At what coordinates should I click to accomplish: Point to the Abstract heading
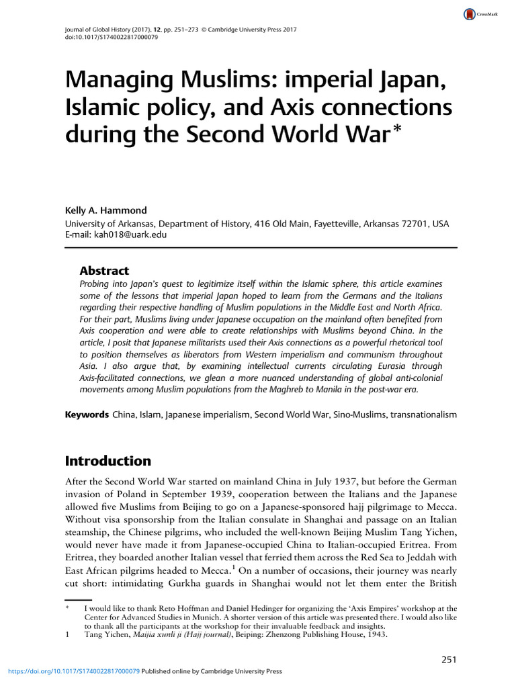tap(104, 271)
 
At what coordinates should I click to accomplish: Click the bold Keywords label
tap(86, 415)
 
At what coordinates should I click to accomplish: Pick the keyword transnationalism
tap(420, 415)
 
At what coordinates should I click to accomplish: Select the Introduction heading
tap(107, 461)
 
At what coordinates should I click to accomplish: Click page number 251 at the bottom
tap(449, 660)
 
